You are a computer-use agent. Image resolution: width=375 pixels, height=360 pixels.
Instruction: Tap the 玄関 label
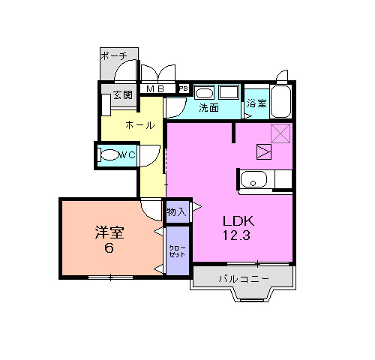(x=122, y=95)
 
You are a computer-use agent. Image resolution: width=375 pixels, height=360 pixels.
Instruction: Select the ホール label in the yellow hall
(x=139, y=125)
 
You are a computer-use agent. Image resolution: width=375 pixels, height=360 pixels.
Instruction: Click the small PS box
(x=183, y=89)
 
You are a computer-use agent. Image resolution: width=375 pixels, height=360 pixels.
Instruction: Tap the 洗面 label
(x=209, y=107)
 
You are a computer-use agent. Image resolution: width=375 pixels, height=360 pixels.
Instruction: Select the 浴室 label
(x=256, y=103)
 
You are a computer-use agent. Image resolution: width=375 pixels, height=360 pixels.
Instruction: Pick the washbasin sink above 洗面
(x=205, y=92)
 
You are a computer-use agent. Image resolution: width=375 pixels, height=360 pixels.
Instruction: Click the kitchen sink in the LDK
(x=251, y=181)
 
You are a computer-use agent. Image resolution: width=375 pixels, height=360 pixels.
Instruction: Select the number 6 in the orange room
(x=109, y=249)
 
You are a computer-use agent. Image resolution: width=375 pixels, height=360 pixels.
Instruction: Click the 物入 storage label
(x=177, y=212)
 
